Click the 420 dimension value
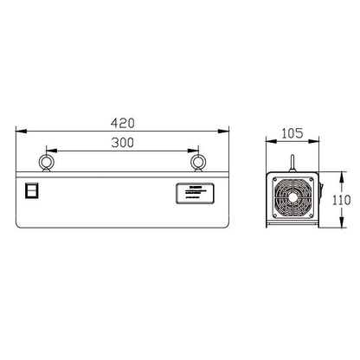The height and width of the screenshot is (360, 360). point(123,122)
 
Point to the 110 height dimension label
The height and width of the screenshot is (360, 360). point(342,199)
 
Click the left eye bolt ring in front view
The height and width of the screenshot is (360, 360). point(44,163)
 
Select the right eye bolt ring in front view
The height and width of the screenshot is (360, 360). point(199,163)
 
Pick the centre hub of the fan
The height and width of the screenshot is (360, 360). point(293,198)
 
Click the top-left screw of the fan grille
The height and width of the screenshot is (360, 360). point(275,180)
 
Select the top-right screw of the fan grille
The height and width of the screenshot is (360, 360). point(312,180)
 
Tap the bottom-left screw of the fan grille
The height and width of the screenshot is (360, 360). point(275,216)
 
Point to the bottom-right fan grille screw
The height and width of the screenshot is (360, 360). point(312,216)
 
